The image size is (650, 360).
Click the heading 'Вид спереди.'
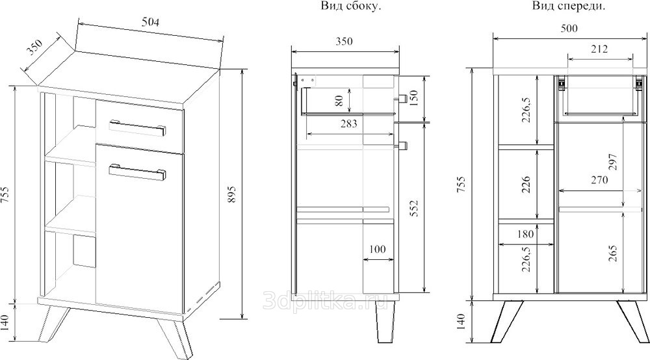point(569,6)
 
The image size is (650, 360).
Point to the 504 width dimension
point(150,22)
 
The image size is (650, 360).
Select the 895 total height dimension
point(232,194)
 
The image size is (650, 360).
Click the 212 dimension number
point(599,49)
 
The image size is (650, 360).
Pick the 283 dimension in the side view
point(348,123)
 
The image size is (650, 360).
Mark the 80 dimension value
point(339,101)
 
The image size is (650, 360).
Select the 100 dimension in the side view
point(377,250)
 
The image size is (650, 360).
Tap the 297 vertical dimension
point(613,162)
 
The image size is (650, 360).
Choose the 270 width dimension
point(599,180)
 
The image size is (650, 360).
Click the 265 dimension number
point(613,253)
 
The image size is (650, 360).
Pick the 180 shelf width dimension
point(525,234)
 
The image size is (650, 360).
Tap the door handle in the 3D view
point(138,172)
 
